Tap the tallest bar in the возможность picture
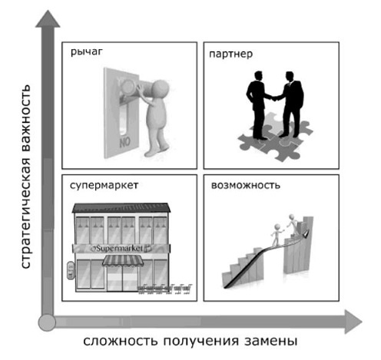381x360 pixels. pyautogui.click(x=306, y=246)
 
